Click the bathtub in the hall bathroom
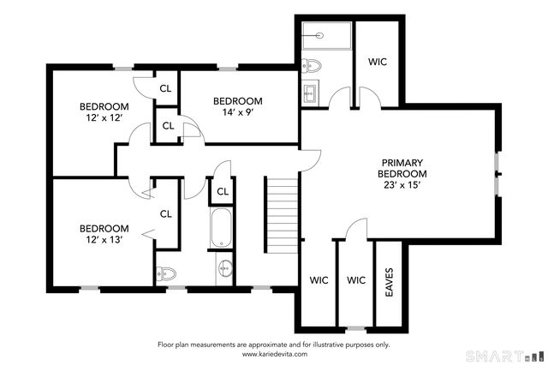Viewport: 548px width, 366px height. pyautogui.click(x=222, y=227)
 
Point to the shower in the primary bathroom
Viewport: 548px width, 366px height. pyautogui.click(x=325, y=36)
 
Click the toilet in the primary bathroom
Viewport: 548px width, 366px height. pyautogui.click(x=313, y=65)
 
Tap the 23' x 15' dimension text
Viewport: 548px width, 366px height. pyautogui.click(x=402, y=184)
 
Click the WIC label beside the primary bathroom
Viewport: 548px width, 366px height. pyautogui.click(x=378, y=62)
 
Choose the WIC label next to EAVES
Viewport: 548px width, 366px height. pyautogui.click(x=357, y=279)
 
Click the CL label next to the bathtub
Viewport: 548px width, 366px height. pyautogui.click(x=222, y=191)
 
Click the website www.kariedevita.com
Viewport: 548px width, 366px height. pyautogui.click(x=273, y=353)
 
